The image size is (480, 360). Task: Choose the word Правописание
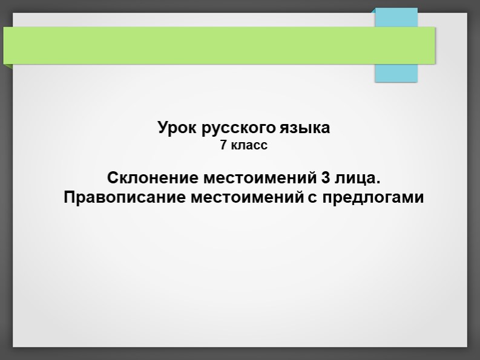[125, 198]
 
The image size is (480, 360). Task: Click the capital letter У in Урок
[163, 128]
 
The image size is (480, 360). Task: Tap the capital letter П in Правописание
[68, 198]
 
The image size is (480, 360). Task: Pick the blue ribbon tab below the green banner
[396, 73]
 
